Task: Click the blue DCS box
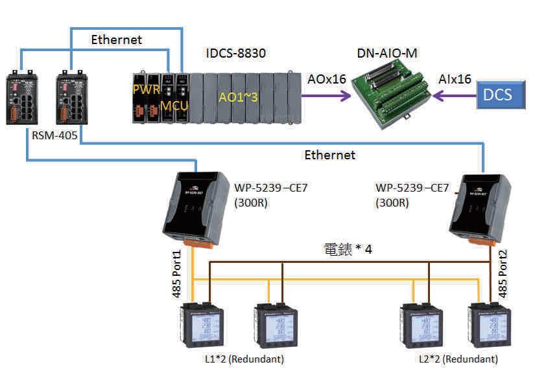(x=498, y=95)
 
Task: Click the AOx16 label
(x=326, y=79)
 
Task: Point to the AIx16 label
(x=455, y=79)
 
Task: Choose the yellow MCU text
(x=174, y=105)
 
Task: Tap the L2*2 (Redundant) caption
(x=458, y=359)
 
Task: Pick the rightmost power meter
(x=487, y=327)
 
